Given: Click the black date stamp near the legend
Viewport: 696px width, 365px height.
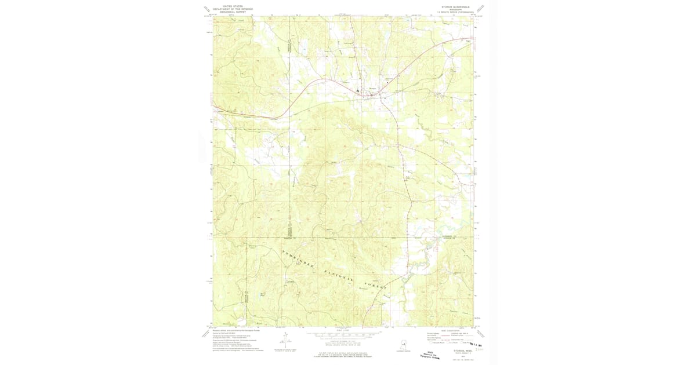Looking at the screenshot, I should [x=477, y=345].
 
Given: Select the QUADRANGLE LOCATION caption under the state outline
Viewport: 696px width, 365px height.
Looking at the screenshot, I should [x=403, y=351].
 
